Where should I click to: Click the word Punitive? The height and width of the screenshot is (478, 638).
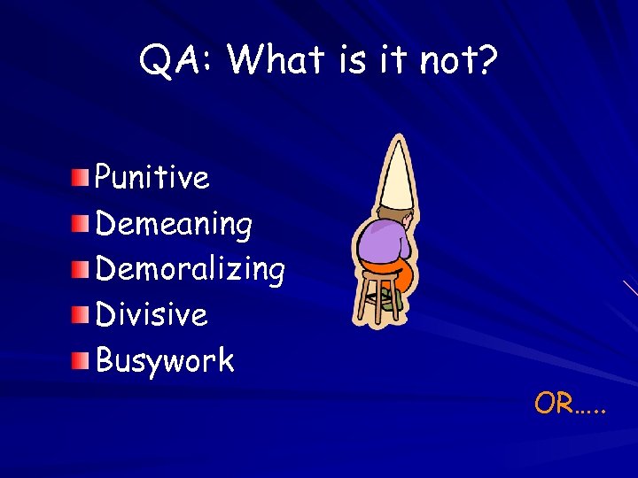point(152,178)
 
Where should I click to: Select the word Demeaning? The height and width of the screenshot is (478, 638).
point(174,225)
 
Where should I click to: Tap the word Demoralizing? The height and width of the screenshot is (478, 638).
point(190,270)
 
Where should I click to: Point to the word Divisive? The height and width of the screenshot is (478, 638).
point(151,314)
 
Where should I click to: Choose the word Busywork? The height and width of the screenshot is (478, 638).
point(164,361)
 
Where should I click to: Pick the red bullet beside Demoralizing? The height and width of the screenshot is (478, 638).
point(81,268)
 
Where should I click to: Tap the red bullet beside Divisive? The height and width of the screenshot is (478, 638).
point(81,314)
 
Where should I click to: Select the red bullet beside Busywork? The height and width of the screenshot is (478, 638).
point(81,360)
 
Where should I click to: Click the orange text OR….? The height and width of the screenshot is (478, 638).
point(571,404)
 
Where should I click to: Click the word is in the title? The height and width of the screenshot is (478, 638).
point(355,60)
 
